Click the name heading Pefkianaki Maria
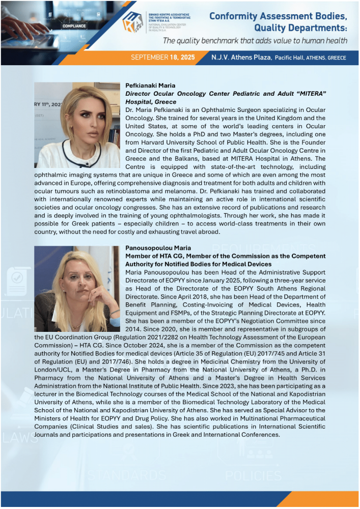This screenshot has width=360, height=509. click(x=150, y=86)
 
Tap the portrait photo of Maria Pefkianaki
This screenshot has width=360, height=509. click(x=77, y=125)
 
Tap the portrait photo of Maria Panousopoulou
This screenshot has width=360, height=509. click(x=77, y=289)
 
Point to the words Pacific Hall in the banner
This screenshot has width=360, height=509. click(x=290, y=58)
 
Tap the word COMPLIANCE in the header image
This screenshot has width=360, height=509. click(x=73, y=25)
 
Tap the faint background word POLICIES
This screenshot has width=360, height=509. click(x=253, y=476)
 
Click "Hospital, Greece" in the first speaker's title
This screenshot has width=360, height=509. click(x=151, y=102)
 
